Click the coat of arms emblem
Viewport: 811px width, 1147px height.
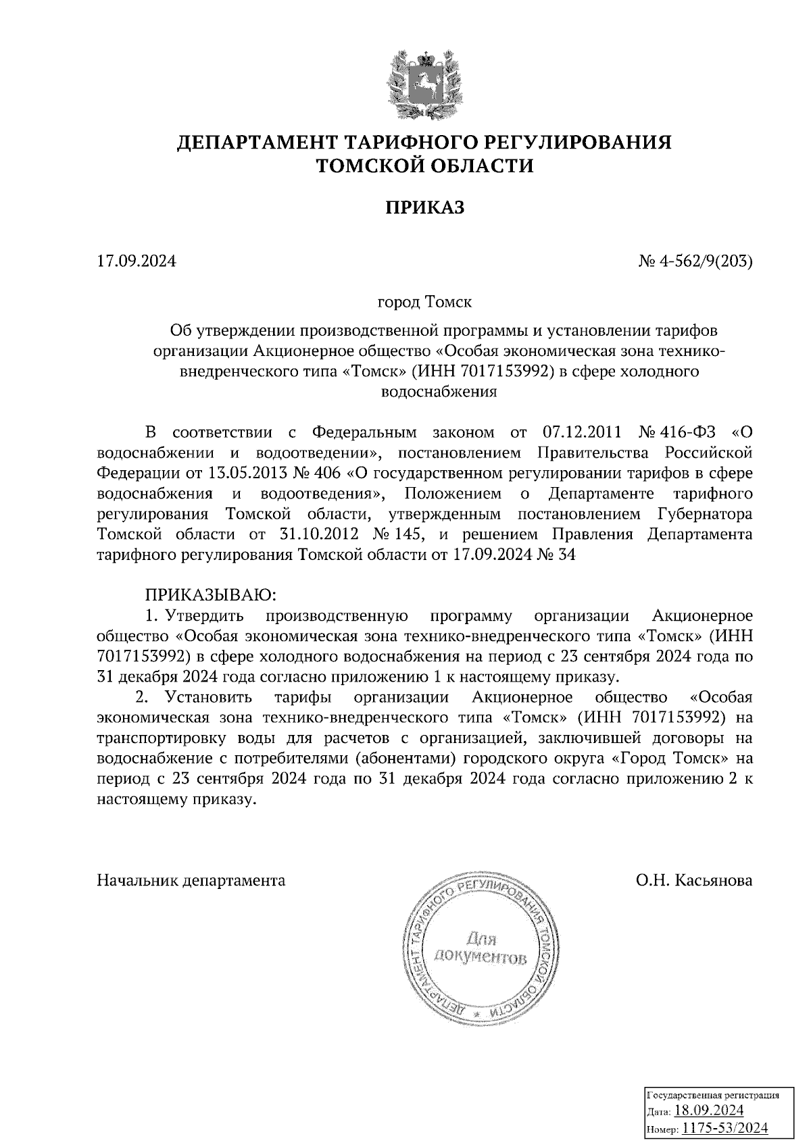click(x=424, y=81)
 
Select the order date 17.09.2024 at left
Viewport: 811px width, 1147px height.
click(x=136, y=260)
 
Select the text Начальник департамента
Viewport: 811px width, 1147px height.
click(x=191, y=881)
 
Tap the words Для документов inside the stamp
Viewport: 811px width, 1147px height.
click(x=481, y=948)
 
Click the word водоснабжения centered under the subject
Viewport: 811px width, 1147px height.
click(x=439, y=392)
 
